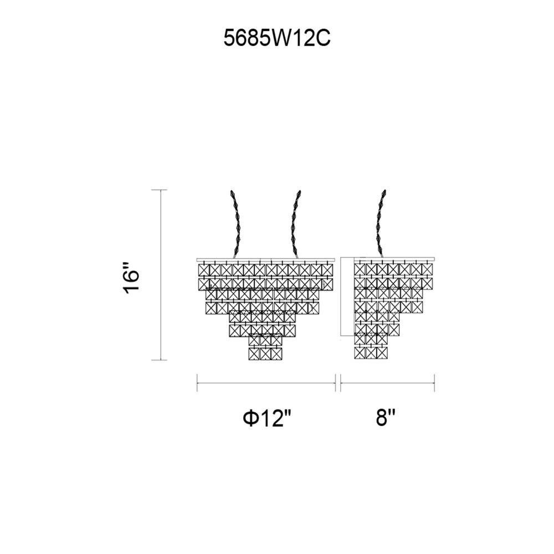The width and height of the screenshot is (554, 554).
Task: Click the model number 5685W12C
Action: coord(277,38)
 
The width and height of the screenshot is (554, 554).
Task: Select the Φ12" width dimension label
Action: coord(267,419)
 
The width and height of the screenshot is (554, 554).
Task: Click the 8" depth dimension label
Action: coord(386,418)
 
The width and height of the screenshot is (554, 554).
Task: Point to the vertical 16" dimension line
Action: coord(161,275)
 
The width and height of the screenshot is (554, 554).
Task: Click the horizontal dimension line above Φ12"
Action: coord(266,383)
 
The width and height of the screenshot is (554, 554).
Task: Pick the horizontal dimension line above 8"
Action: coord(387,383)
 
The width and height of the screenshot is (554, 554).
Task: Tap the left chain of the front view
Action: coord(236,223)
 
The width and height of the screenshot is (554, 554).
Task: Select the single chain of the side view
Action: coord(381,223)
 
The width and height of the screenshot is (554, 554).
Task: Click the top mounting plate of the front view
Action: coord(265,260)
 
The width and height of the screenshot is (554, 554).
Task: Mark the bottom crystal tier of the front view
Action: coord(266,353)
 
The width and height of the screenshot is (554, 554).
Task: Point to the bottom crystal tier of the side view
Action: coord(371,352)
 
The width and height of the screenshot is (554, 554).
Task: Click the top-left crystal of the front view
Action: coord(203,270)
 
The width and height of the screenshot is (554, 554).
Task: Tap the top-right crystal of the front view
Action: coord(327,270)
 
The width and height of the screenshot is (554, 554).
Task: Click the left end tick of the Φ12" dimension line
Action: coord(197,383)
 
